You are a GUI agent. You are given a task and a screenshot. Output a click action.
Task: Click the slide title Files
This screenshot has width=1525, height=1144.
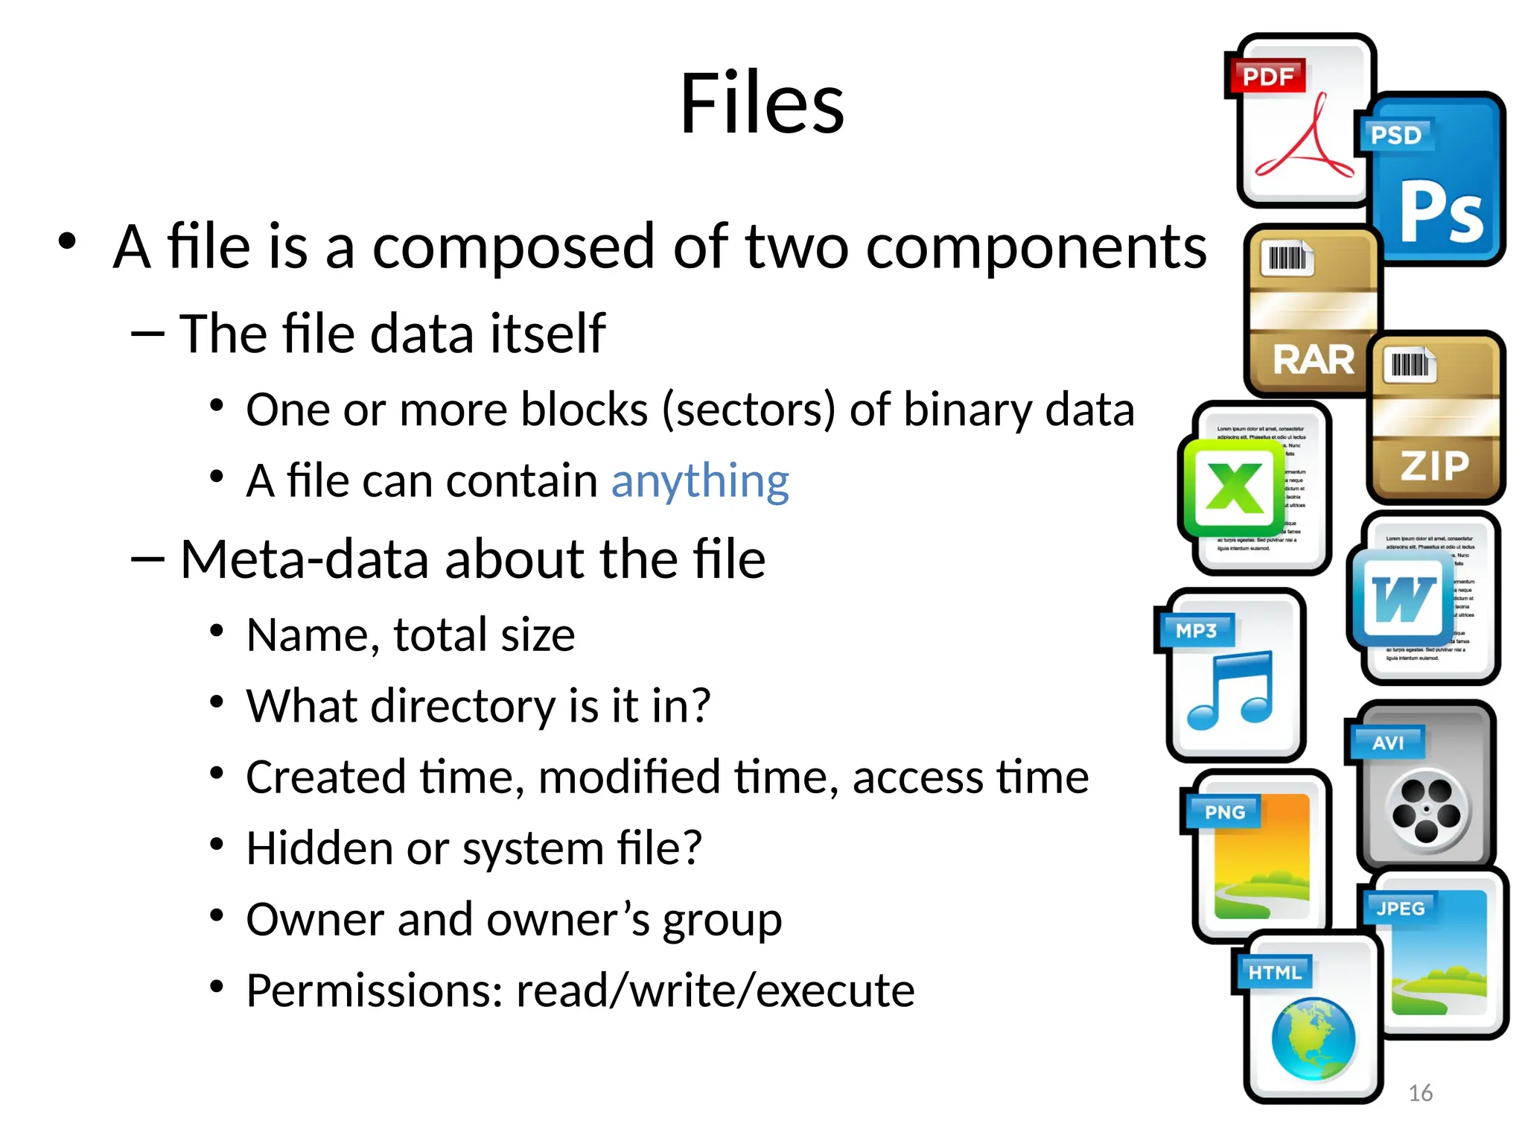762,104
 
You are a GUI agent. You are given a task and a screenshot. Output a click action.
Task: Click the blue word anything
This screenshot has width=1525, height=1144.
699,480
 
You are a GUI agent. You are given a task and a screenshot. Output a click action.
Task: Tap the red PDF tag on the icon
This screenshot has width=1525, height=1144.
1267,76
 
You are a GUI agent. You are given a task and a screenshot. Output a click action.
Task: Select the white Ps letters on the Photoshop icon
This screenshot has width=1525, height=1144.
1441,214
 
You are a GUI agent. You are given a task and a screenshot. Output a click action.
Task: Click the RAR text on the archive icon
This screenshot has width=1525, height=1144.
1314,360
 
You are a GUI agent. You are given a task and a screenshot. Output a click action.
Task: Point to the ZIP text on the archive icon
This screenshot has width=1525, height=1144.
1435,466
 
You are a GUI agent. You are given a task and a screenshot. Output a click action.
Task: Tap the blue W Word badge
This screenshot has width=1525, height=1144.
1402,599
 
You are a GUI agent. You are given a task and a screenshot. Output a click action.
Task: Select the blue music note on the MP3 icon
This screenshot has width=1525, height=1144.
1231,690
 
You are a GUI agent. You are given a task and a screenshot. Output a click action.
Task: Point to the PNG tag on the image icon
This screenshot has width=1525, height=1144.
1224,812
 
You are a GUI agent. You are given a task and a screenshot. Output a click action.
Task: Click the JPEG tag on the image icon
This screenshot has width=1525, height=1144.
1400,909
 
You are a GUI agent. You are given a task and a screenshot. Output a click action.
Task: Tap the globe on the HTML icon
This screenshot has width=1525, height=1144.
1313,1039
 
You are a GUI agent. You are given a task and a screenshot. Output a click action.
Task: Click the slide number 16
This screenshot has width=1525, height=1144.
1420,1093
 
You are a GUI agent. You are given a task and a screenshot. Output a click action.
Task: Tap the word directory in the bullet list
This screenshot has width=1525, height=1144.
462,705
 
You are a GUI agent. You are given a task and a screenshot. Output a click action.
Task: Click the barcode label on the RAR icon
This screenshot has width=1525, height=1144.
1287,258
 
